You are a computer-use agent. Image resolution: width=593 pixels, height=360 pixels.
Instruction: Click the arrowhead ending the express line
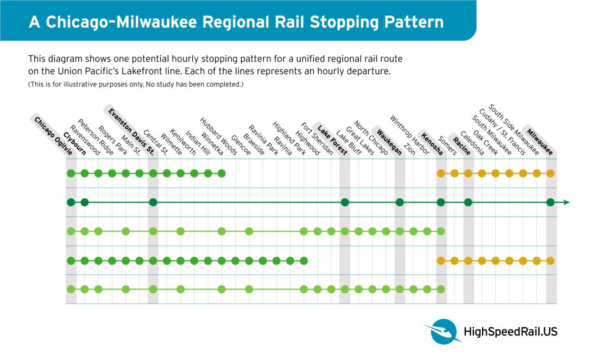click(x=566, y=202)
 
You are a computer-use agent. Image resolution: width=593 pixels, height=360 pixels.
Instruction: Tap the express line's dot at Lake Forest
click(x=345, y=202)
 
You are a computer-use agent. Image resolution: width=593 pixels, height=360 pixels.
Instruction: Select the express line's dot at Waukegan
click(x=400, y=202)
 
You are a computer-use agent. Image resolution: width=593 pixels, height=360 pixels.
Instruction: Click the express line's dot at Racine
click(x=468, y=202)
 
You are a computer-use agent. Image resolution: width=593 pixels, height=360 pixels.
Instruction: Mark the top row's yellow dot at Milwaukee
click(x=550, y=173)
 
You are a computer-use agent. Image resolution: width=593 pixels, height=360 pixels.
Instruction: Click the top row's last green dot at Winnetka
click(x=221, y=173)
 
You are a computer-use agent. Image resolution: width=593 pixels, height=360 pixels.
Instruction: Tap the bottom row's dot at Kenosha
click(x=441, y=289)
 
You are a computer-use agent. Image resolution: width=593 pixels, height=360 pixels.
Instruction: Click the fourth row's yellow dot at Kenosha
click(x=441, y=260)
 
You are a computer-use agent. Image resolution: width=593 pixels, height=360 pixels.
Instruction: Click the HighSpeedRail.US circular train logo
click(x=443, y=330)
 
